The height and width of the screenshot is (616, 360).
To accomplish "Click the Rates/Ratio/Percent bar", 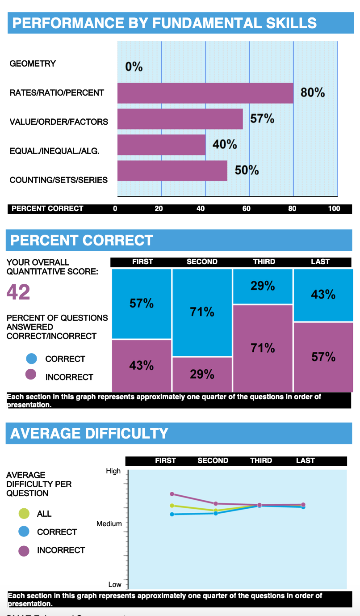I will [205, 93].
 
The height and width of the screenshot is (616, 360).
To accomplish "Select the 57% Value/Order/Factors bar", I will [180, 119].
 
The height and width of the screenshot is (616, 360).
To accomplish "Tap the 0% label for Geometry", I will [134, 68].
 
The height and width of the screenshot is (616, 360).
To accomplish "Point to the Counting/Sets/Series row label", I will [59, 180].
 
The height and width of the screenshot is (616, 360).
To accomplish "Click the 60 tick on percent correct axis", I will [246, 208].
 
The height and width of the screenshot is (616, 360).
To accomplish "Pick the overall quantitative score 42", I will [18, 292].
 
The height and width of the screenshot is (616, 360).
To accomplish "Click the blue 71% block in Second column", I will [202, 312].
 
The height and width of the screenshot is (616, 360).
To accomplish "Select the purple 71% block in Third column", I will [263, 348].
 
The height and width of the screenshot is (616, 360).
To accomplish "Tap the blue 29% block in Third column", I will [263, 286].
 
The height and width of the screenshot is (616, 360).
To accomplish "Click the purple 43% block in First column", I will [142, 365].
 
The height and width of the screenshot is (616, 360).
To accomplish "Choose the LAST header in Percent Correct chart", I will [320, 262].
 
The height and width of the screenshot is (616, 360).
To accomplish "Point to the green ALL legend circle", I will [24, 514].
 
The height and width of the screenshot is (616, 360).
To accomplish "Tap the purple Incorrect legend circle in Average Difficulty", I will [24, 550].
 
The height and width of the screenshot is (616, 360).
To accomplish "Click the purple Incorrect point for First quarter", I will [172, 494].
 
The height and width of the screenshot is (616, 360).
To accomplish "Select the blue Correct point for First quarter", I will [172, 514].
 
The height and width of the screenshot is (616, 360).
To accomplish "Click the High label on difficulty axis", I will [113, 471].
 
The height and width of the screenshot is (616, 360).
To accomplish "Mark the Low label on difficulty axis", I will [115, 584].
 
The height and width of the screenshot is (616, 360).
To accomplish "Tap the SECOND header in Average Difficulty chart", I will [213, 461].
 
